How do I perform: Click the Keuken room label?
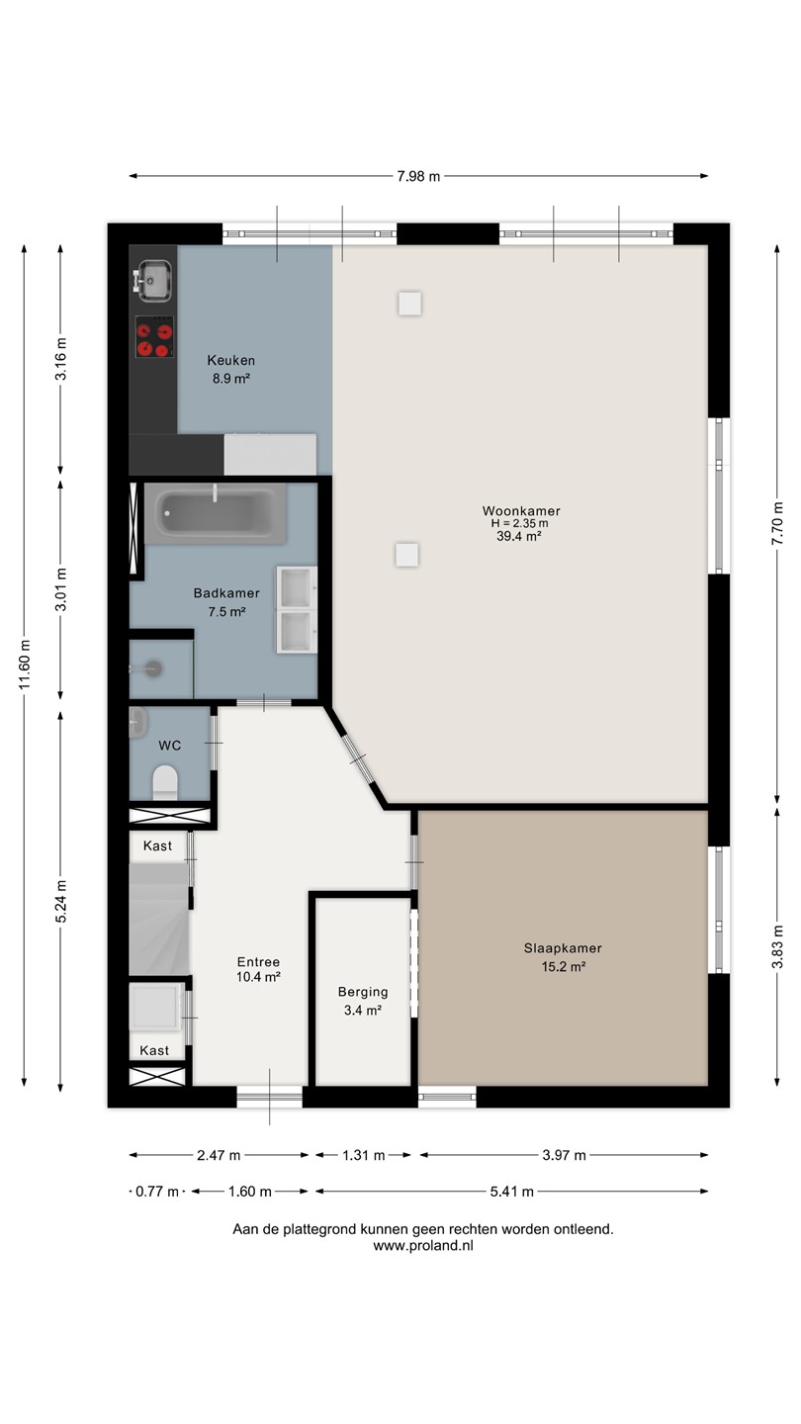coord(230,360)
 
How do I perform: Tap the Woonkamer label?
coord(521,511)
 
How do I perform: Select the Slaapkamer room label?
coord(563,948)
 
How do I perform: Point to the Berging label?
coord(363,992)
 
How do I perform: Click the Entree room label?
coord(258,962)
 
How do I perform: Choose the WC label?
coord(170,746)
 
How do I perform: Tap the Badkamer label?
coord(226,593)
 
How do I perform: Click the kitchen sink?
coord(152,279)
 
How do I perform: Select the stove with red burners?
coord(154,337)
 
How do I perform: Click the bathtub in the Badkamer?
coord(215,513)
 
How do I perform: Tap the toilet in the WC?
coord(165,782)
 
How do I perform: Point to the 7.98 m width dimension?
coord(418,177)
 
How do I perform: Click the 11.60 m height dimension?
coord(25,665)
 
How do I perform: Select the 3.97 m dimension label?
coord(564,1155)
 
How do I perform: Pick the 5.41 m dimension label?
coord(512,1192)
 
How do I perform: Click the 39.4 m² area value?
coord(519,537)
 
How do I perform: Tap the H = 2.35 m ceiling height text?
coord(519,524)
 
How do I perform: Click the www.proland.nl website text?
coord(423,1246)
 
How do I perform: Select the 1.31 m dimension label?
coord(364,1155)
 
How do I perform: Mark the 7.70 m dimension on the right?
coord(777,523)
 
